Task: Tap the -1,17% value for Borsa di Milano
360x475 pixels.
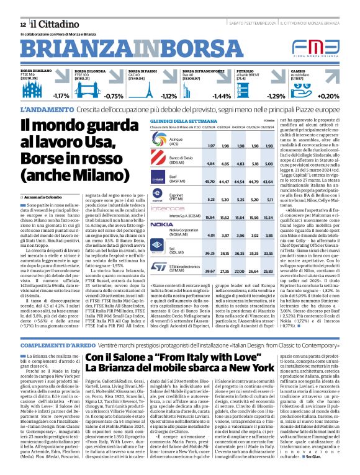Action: [61, 96]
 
